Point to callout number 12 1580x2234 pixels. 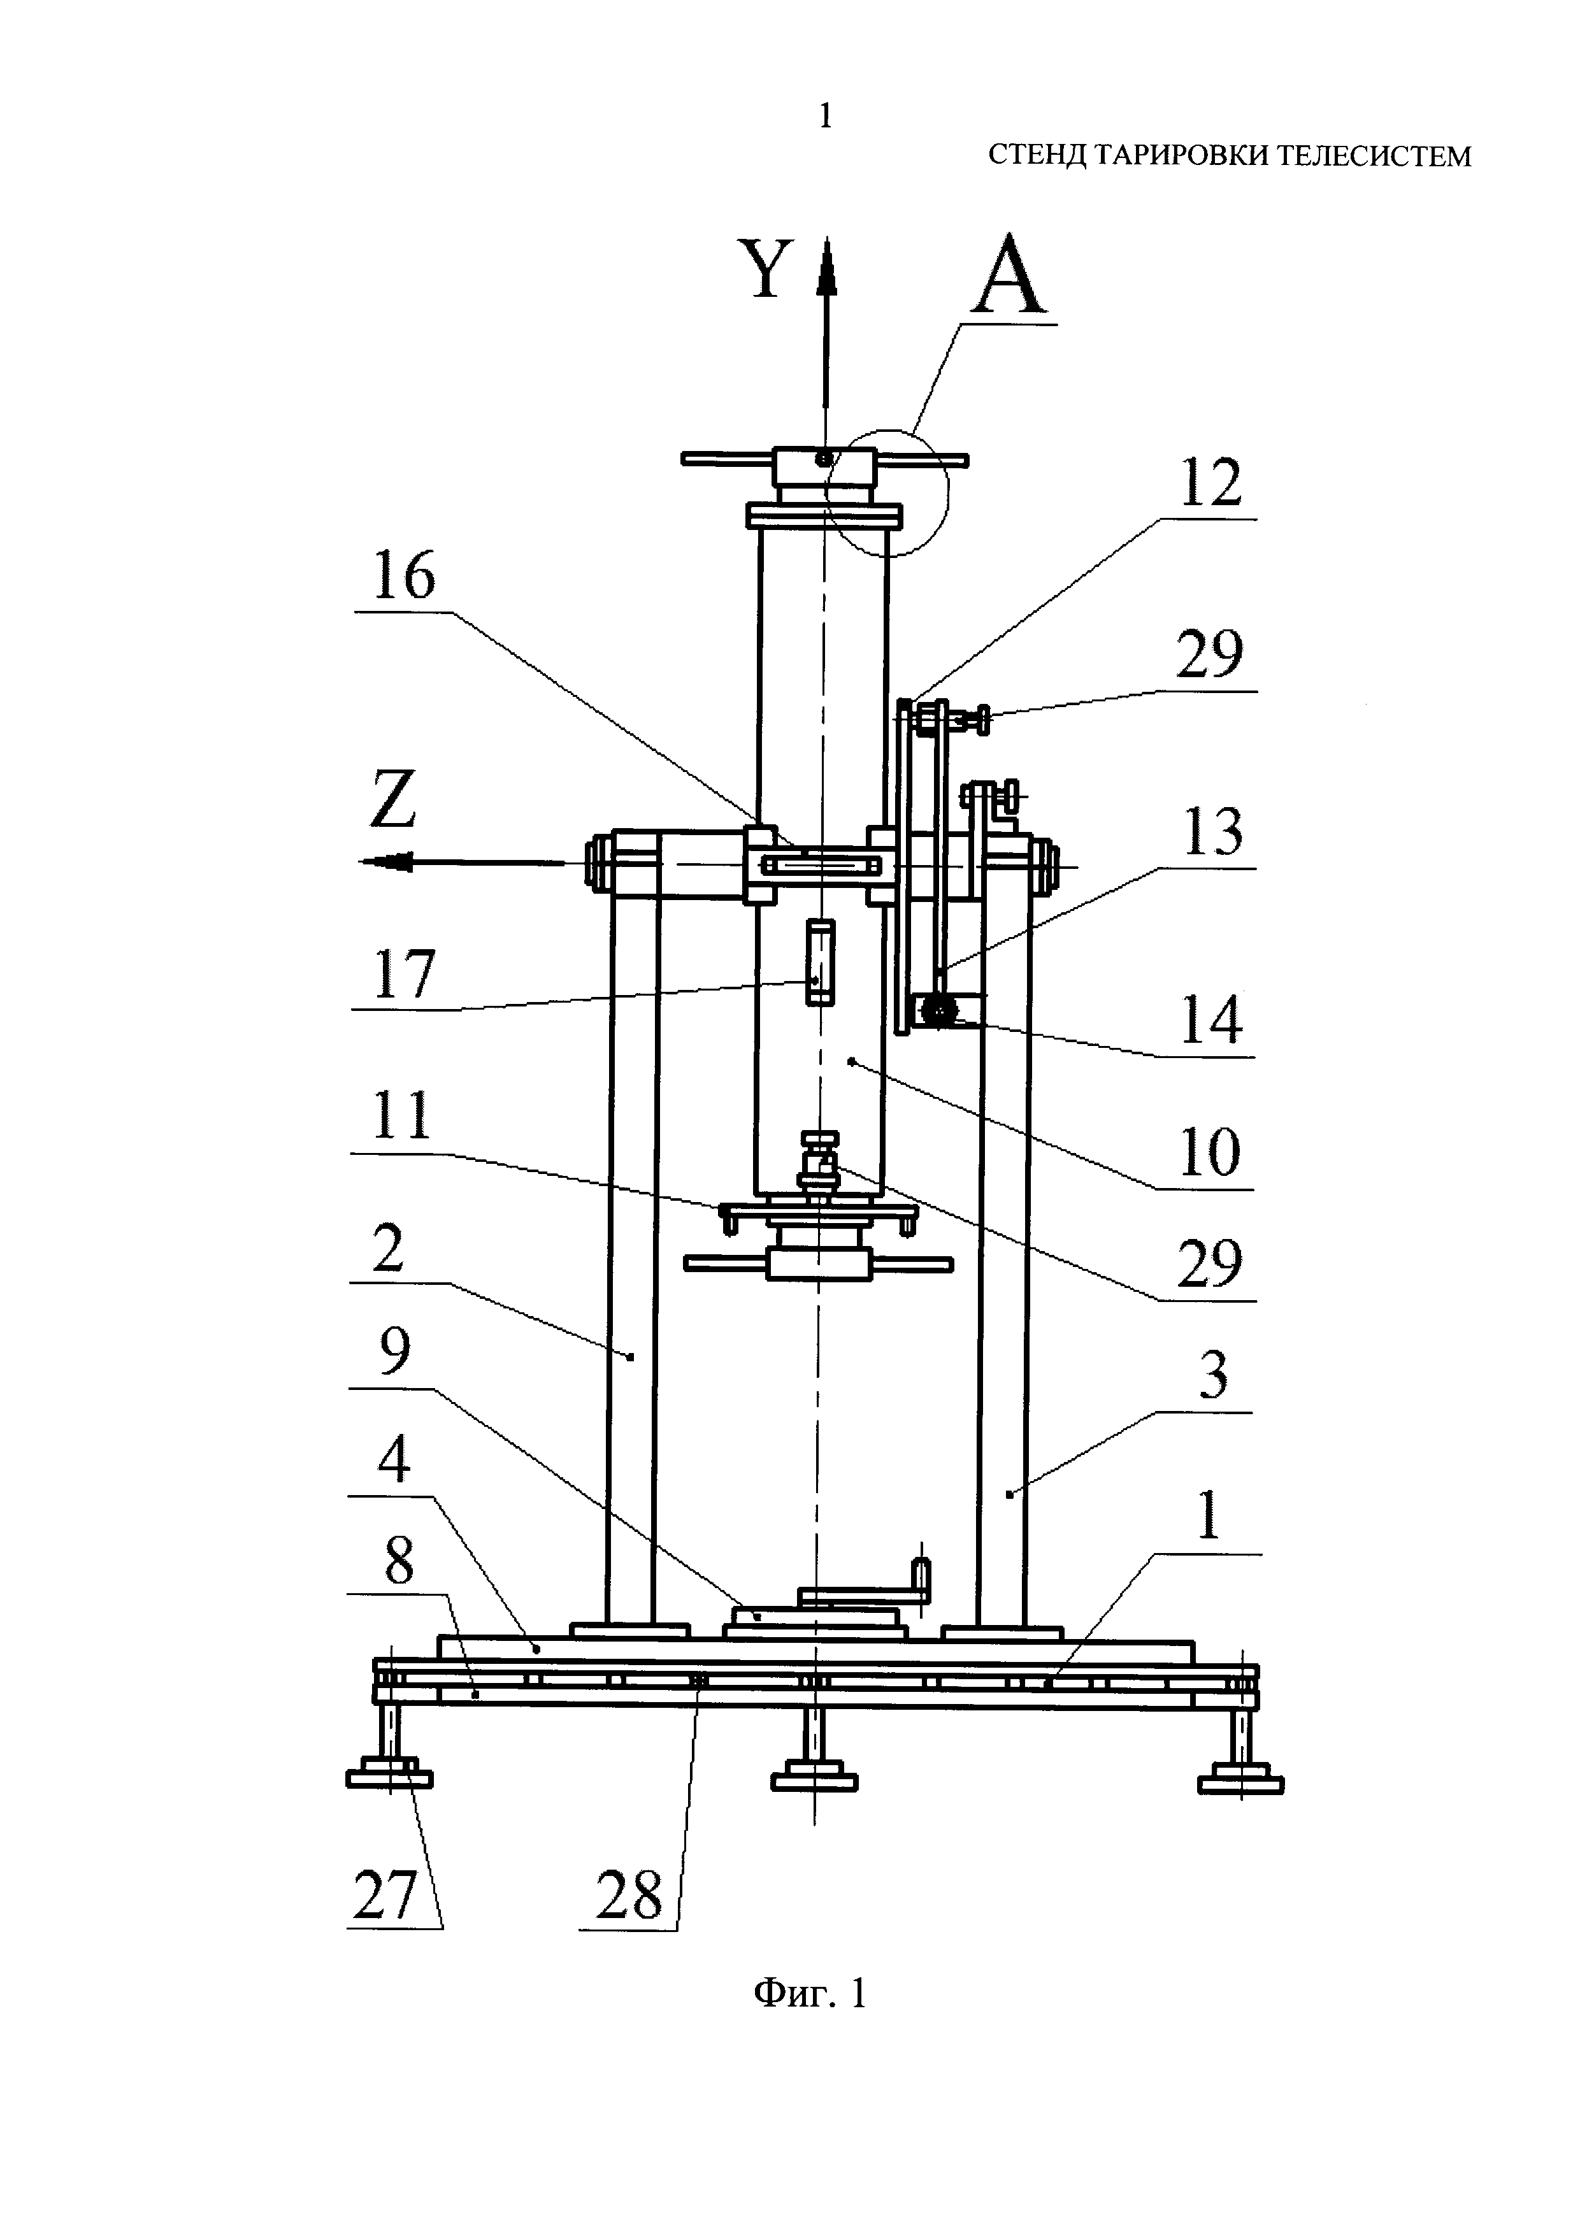coord(1210,483)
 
